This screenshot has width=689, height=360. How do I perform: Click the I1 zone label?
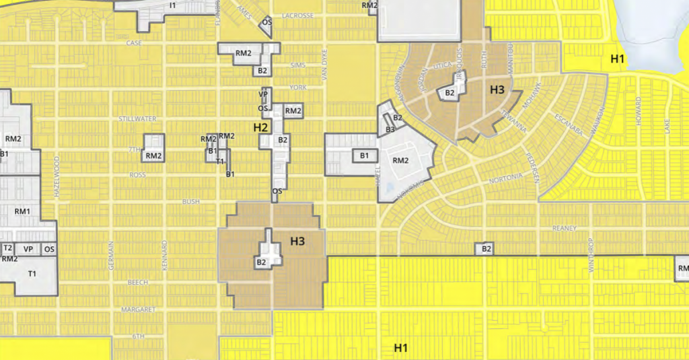(172, 5)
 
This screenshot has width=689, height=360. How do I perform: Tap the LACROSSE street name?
(298, 15)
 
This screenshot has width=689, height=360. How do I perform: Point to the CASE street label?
(134, 43)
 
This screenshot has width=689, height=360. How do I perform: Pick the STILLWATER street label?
(137, 119)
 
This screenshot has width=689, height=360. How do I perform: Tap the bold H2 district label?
(261, 127)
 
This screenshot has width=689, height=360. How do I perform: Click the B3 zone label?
(390, 129)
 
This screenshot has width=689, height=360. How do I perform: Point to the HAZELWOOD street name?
(57, 176)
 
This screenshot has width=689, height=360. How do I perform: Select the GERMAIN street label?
(110, 256)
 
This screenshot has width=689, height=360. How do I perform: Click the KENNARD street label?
(164, 256)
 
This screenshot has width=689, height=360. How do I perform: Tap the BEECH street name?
(138, 282)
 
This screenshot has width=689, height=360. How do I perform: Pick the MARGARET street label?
(138, 310)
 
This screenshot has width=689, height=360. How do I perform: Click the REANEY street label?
(564, 228)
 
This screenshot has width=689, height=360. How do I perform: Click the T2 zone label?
(8, 248)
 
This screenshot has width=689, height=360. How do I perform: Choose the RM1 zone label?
(22, 211)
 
